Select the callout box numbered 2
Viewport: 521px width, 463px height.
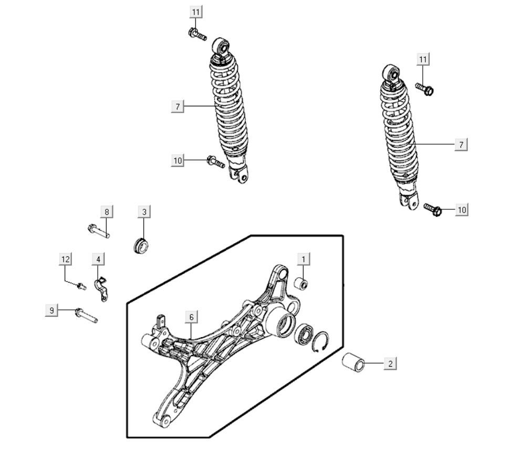pyautogui.click(x=390, y=363)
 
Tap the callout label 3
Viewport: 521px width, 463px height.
pyautogui.click(x=144, y=212)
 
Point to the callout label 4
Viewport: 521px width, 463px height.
pyautogui.click(x=98, y=259)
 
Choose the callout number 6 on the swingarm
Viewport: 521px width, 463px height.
pyautogui.click(x=192, y=317)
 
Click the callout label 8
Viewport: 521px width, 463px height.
pyautogui.click(x=107, y=212)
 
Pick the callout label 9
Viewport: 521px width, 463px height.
pyautogui.click(x=51, y=311)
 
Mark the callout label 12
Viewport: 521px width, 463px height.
pyautogui.click(x=65, y=259)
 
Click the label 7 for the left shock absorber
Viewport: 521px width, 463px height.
pyautogui.click(x=178, y=107)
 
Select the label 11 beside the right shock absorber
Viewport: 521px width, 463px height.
pyautogui.click(x=423, y=59)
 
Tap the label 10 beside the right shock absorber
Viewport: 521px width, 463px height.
pyautogui.click(x=461, y=210)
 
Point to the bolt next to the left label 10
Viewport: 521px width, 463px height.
pyautogui.click(x=215, y=162)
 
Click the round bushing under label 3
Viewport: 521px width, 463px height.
pyautogui.click(x=140, y=245)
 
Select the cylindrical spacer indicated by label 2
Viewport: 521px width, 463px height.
pyautogui.click(x=353, y=363)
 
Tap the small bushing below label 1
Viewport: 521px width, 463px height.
pyautogui.click(x=301, y=285)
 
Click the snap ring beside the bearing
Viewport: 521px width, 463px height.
pyautogui.click(x=321, y=341)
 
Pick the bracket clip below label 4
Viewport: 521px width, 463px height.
pyautogui.click(x=101, y=289)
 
